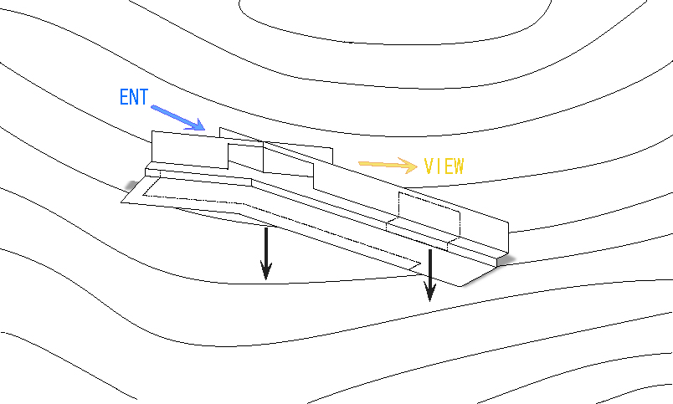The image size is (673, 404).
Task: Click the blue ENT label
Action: [x=134, y=97]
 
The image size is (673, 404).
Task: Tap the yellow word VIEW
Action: [x=444, y=166]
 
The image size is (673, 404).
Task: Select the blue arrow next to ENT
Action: [x=177, y=117]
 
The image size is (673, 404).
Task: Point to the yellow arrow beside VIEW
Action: [x=388, y=165]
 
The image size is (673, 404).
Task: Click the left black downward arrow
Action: [x=266, y=253]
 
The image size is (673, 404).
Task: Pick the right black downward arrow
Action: [x=429, y=275]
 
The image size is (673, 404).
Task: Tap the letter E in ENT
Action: [x=124, y=97]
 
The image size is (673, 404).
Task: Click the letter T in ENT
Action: [x=144, y=97]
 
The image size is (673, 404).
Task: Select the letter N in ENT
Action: [x=134, y=97]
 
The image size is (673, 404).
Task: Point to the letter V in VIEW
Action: [x=429, y=166]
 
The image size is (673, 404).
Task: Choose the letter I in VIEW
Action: [x=438, y=166]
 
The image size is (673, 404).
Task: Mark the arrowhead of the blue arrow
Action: [x=197, y=125]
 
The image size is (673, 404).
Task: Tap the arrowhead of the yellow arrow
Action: [x=408, y=166]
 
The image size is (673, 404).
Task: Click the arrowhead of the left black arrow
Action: [x=266, y=271]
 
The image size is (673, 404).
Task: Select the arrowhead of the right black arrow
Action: [x=429, y=293]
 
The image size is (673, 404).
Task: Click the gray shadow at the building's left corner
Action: [x=132, y=186]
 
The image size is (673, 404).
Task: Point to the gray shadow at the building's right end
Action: [x=506, y=260]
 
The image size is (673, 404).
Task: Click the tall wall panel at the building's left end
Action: [x=190, y=150]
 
